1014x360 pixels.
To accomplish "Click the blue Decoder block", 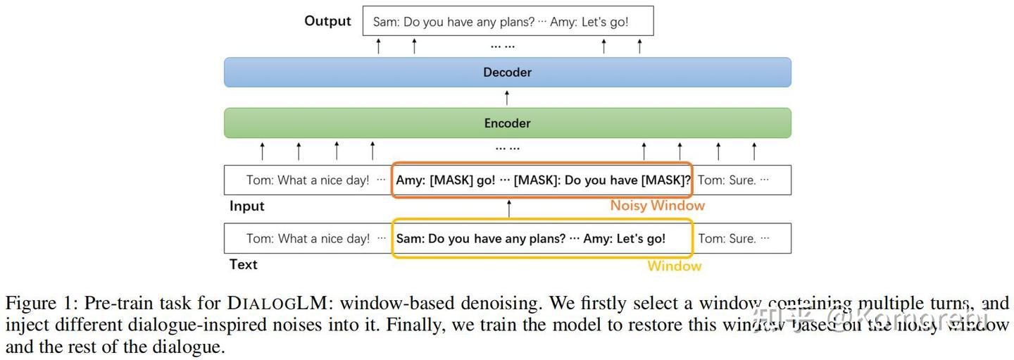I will [x=507, y=73].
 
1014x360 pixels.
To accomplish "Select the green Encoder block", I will [x=507, y=123].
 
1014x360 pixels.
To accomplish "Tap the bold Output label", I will [x=327, y=21].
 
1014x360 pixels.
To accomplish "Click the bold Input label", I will [x=247, y=206].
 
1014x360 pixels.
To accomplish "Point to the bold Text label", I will [x=244, y=265].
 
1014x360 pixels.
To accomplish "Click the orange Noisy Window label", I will [x=657, y=206].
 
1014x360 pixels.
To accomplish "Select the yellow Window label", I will [x=675, y=266].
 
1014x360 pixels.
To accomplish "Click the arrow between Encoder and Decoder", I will [x=507, y=98].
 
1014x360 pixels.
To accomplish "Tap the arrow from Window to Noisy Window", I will [x=509, y=209].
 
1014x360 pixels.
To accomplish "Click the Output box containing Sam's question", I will [x=508, y=22].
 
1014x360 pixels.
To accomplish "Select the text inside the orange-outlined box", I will [x=543, y=180].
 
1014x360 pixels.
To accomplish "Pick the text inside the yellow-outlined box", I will [x=530, y=239].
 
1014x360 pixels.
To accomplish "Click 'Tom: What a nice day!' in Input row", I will [x=308, y=180].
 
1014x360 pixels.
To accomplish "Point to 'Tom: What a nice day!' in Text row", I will [x=308, y=239].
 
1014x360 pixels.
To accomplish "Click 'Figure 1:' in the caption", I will [x=42, y=304].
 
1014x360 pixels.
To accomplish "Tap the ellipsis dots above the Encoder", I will [x=507, y=149].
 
